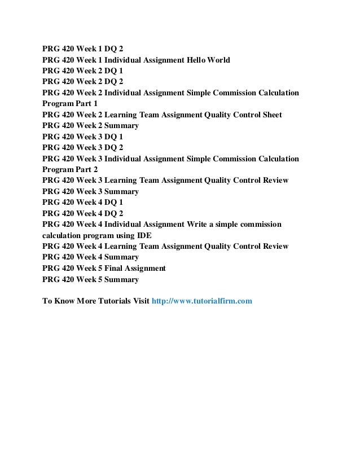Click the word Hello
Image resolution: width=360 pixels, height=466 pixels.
pyautogui.click(x=191, y=60)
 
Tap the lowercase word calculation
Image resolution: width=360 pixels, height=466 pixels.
pyautogui.click(x=63, y=236)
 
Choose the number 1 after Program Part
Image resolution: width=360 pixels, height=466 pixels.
pyautogui.click(x=95, y=104)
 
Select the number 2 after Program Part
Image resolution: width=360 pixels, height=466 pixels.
pyautogui.click(x=95, y=170)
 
